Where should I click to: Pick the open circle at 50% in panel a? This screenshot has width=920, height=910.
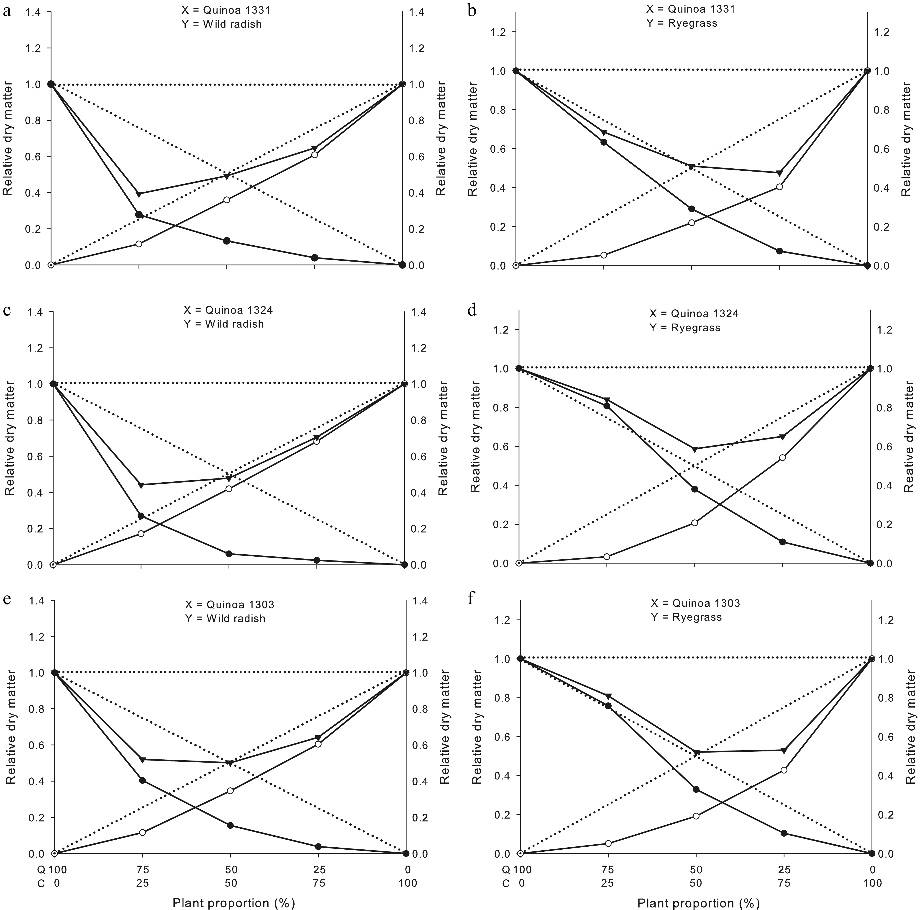(227, 200)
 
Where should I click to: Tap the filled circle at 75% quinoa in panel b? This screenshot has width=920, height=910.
(604, 142)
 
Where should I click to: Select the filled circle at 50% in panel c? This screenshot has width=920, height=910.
(228, 554)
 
